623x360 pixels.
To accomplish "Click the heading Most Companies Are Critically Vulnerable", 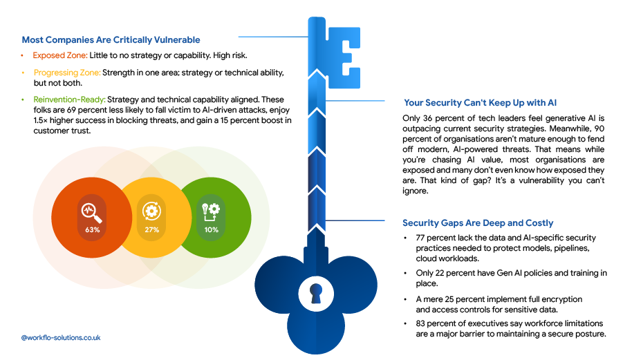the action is pyautogui.click(x=111, y=39).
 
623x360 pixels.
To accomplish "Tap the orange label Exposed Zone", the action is pyautogui.click(x=60, y=55).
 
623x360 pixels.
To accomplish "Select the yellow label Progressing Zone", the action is pyautogui.click(x=67, y=73).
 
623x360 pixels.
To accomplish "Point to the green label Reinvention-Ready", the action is pyautogui.click(x=70, y=100).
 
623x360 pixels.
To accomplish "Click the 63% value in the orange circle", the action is pyautogui.click(x=92, y=230).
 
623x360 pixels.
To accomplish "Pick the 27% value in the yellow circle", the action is pyautogui.click(x=152, y=230).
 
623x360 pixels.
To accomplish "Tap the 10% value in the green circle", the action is pyautogui.click(x=212, y=230).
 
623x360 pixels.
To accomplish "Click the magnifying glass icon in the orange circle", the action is pyautogui.click(x=92, y=213).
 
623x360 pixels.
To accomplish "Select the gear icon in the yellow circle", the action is pyautogui.click(x=152, y=211).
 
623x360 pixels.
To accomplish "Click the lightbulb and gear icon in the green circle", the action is pyautogui.click(x=211, y=212).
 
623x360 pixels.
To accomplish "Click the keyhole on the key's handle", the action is pyautogui.click(x=316, y=294).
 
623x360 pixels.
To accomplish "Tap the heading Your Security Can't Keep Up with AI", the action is pyautogui.click(x=480, y=103).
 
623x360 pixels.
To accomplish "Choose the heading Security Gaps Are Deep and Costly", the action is pyautogui.click(x=478, y=223).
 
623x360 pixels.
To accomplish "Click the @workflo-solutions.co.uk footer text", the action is pyautogui.click(x=61, y=338).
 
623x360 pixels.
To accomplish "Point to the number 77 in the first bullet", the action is pyautogui.click(x=420, y=238).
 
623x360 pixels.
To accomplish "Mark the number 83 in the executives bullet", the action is pyautogui.click(x=421, y=323).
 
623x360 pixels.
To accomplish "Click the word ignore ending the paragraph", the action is pyautogui.click(x=415, y=191).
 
